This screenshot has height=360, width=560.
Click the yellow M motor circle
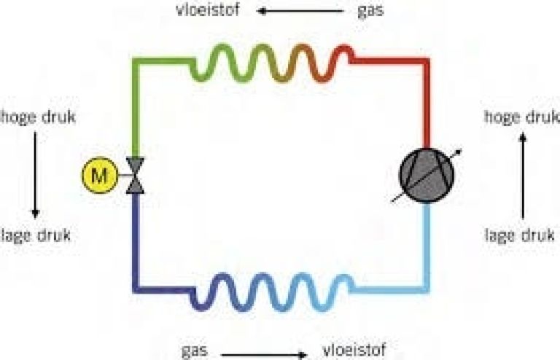[x=100, y=175]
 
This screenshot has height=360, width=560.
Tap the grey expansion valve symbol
[x=136, y=176]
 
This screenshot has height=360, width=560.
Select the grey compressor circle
[x=426, y=175]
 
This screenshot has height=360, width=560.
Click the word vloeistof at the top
[x=208, y=9]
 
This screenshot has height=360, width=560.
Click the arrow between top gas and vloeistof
[x=300, y=11]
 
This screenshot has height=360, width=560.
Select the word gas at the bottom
[x=195, y=351]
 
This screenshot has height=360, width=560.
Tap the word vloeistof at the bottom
[x=354, y=350]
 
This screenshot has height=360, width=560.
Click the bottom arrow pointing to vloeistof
[x=264, y=355]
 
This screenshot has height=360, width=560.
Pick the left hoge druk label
[x=37, y=117]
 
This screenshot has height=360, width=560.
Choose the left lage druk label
[x=36, y=235]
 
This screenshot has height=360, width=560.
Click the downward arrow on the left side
[x=35, y=175]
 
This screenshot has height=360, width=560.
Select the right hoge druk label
[x=522, y=117]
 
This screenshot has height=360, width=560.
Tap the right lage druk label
[x=520, y=235]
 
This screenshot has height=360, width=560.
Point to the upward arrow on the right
[x=523, y=176]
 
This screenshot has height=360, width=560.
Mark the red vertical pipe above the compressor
[x=426, y=103]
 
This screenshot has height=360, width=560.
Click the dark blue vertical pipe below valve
[x=136, y=243]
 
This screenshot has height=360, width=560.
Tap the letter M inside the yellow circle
[x=100, y=176]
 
